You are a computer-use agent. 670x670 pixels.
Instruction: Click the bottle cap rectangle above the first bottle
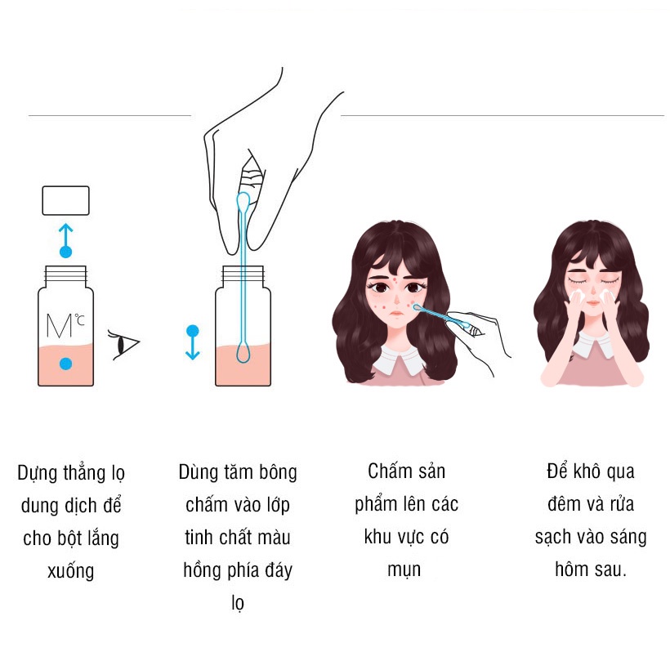66,200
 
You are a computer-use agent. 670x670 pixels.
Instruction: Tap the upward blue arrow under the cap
65,240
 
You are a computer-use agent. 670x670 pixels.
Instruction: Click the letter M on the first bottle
59,326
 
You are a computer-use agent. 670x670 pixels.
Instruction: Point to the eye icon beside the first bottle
124,345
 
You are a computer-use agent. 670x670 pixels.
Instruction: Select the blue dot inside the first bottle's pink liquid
65,364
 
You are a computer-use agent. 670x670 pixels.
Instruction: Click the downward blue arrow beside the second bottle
193,342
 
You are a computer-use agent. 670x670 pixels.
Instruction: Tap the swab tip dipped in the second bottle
243,352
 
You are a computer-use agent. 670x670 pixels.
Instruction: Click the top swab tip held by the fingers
243,201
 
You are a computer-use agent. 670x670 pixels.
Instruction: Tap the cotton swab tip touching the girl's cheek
417,306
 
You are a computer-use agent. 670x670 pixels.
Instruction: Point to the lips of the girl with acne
396,313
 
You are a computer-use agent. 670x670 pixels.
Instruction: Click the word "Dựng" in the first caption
38,474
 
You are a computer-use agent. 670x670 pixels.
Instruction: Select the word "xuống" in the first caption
70,571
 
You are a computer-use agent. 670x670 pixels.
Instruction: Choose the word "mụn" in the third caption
404,570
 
